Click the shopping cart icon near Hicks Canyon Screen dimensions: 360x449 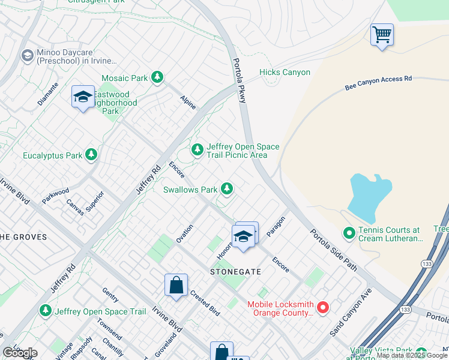coord(382,35)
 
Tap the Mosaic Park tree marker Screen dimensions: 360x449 coord(157,77)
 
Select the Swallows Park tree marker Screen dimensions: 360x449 coord(226,189)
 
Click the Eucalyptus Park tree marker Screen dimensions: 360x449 coord(91,155)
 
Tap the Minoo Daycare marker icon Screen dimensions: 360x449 coord(27,56)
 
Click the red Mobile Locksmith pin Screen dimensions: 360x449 coord(323,308)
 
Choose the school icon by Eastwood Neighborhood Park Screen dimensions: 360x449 coord(83,97)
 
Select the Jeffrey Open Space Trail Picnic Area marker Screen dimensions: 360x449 coord(197,149)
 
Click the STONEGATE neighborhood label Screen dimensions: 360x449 coord(235,272)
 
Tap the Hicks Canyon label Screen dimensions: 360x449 coord(285,73)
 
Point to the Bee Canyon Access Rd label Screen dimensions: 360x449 coord(378,83)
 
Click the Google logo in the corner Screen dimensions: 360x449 coord(20,353)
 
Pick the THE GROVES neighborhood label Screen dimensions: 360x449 coord(23,237)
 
